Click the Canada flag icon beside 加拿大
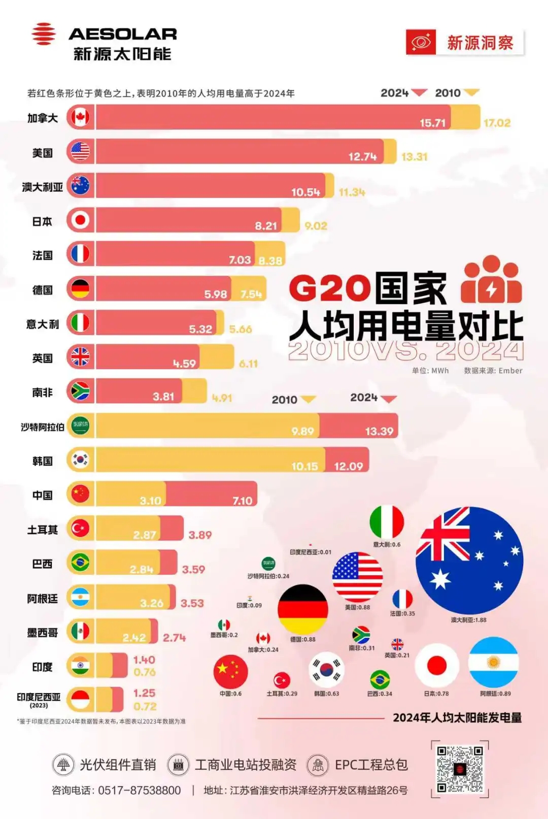click(80, 117)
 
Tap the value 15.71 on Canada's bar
click(432, 123)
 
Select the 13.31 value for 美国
click(414, 157)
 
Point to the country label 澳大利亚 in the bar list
click(42, 187)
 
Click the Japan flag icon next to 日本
click(80, 220)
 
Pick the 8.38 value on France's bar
click(270, 261)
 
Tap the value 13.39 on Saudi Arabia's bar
click(379, 432)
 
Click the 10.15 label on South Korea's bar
click(304, 466)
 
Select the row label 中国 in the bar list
click(42, 495)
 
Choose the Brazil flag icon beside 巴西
click(80, 563)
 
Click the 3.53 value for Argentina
click(192, 603)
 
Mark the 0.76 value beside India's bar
click(144, 672)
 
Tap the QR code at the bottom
click(460, 769)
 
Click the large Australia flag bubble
click(469, 560)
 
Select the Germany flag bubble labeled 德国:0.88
click(303, 609)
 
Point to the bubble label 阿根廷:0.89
click(495, 694)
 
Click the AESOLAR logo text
click(122, 34)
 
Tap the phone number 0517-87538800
click(139, 791)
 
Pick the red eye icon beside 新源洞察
click(421, 42)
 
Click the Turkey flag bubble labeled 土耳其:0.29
click(282, 680)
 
